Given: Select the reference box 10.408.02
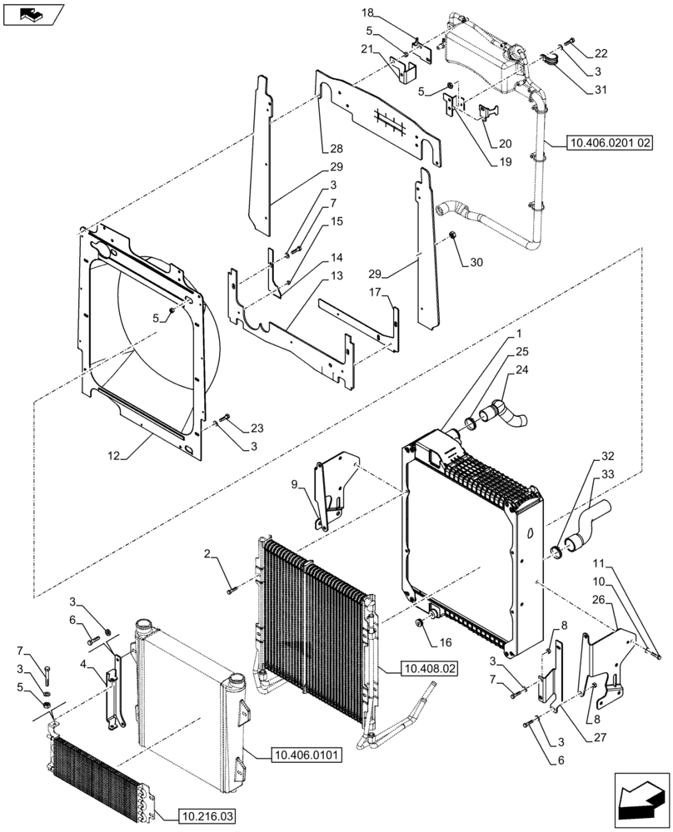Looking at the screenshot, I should [x=430, y=668].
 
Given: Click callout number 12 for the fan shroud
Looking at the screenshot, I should [x=114, y=455].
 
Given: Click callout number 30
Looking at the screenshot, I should [x=476, y=263].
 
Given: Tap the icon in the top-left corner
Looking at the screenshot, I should [x=32, y=14].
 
